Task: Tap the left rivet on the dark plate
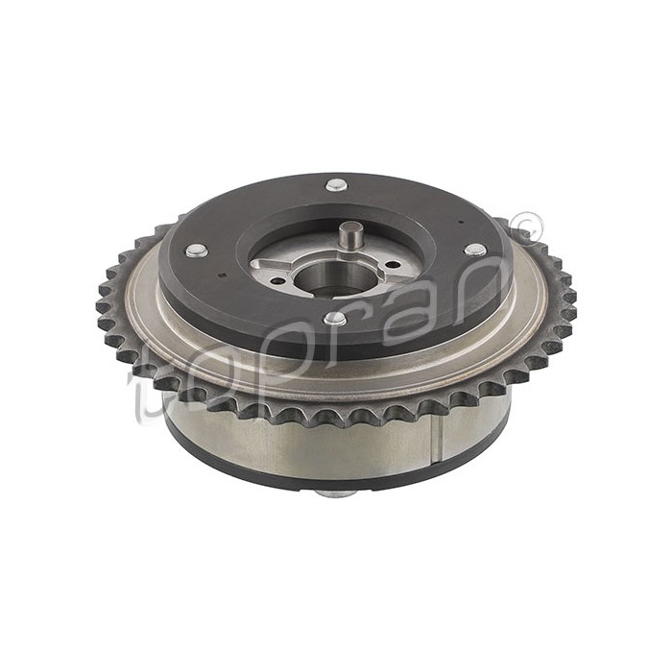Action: click(197, 251)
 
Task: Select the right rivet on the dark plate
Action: click(474, 250)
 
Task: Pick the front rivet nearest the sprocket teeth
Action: click(334, 318)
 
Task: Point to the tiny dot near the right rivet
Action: click(462, 222)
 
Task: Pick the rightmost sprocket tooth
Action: click(570, 305)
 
